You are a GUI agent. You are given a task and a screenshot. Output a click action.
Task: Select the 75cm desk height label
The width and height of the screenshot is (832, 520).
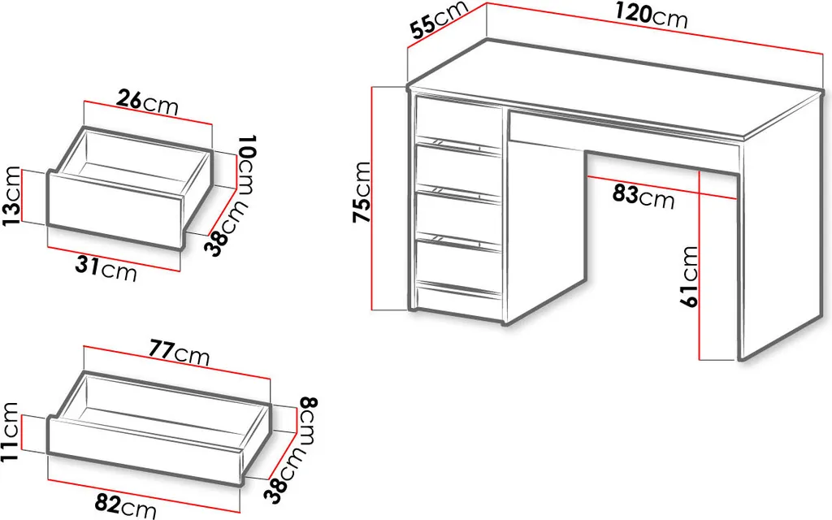tap(361, 193)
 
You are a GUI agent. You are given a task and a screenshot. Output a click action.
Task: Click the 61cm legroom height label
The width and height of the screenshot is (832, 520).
tap(690, 276)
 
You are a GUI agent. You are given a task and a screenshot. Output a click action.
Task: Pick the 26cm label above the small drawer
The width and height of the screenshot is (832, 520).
tap(147, 102)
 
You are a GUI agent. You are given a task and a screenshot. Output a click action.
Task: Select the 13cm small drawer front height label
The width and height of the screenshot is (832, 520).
tap(11, 197)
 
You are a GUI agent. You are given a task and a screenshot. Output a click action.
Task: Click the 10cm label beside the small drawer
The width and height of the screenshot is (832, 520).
tap(247, 162)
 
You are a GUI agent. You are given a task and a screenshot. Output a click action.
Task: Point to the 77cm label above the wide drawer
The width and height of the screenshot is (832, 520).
tap(179, 354)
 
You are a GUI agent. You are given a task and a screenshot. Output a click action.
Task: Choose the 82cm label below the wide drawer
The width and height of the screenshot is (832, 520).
tap(125, 505)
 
